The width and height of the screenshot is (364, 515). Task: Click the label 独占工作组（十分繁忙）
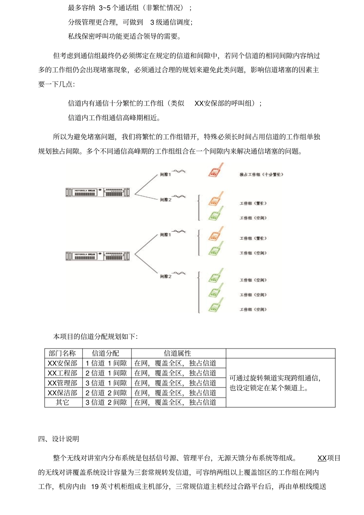261,175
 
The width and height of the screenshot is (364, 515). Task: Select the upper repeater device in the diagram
97,192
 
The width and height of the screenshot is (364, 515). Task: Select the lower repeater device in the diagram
97,256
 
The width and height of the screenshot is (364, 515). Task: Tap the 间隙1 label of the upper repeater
166,175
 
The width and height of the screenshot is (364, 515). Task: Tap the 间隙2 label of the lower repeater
166,276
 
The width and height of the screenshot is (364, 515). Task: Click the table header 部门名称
63,353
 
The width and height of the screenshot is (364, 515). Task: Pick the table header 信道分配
106,353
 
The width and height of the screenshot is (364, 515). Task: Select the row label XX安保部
63,363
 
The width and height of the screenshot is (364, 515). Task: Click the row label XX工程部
63,373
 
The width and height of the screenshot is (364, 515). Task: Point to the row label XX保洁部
63,393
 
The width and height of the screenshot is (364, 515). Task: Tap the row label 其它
63,402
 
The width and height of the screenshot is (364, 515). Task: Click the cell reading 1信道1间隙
106,363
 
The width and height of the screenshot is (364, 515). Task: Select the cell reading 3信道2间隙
106,402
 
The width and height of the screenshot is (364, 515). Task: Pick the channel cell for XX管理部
106,383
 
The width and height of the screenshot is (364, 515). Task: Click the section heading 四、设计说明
59,439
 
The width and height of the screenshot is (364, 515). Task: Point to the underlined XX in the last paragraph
322,458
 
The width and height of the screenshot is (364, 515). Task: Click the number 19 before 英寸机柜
95,487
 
